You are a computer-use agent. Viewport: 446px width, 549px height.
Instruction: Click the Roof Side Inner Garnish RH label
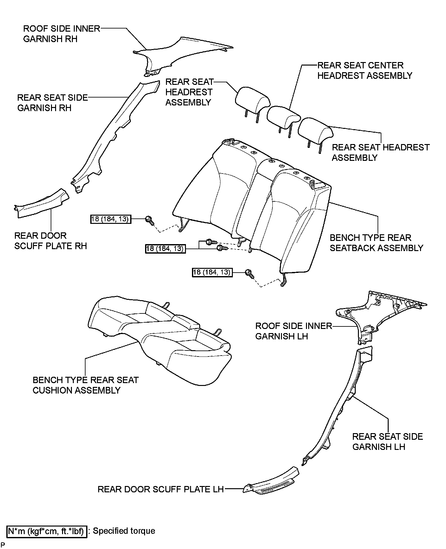[62, 34]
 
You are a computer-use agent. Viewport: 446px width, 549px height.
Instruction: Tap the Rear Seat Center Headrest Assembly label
[365, 71]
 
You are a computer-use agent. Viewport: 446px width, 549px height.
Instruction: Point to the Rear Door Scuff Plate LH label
[161, 489]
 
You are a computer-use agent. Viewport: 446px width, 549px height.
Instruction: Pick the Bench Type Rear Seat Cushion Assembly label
[86, 385]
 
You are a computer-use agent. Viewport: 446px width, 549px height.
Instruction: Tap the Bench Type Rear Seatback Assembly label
[376, 243]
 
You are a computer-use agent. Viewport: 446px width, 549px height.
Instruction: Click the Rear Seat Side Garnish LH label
[387, 442]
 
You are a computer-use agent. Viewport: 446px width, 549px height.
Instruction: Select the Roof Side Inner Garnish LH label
[294, 331]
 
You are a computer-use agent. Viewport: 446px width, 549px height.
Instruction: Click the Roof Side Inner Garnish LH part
[380, 317]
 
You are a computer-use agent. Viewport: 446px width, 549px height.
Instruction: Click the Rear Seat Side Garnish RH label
[52, 103]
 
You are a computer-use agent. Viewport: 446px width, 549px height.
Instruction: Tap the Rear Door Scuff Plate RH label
[51, 241]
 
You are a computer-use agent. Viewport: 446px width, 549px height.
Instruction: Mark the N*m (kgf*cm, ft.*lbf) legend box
[47, 531]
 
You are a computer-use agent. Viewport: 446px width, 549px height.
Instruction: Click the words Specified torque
[124, 531]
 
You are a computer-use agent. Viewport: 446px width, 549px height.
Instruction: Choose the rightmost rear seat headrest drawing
[315, 133]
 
